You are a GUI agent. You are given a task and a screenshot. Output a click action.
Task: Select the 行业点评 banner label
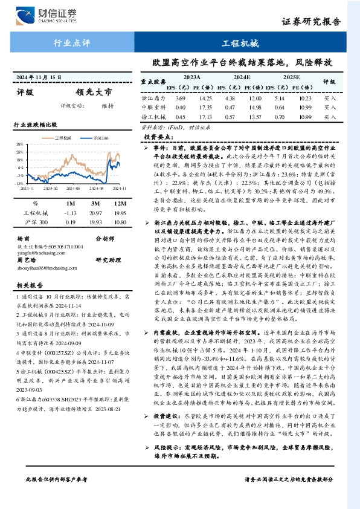(x=72, y=43)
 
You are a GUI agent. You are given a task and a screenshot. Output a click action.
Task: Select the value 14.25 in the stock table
(x=206, y=98)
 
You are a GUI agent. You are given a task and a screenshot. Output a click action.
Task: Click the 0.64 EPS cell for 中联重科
(x=278, y=108)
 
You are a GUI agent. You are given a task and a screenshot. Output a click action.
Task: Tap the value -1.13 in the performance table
(x=72, y=213)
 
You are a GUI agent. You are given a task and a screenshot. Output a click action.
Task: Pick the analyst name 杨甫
(x=24, y=238)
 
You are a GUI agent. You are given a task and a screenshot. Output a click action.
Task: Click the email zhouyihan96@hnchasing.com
(x=46, y=265)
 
